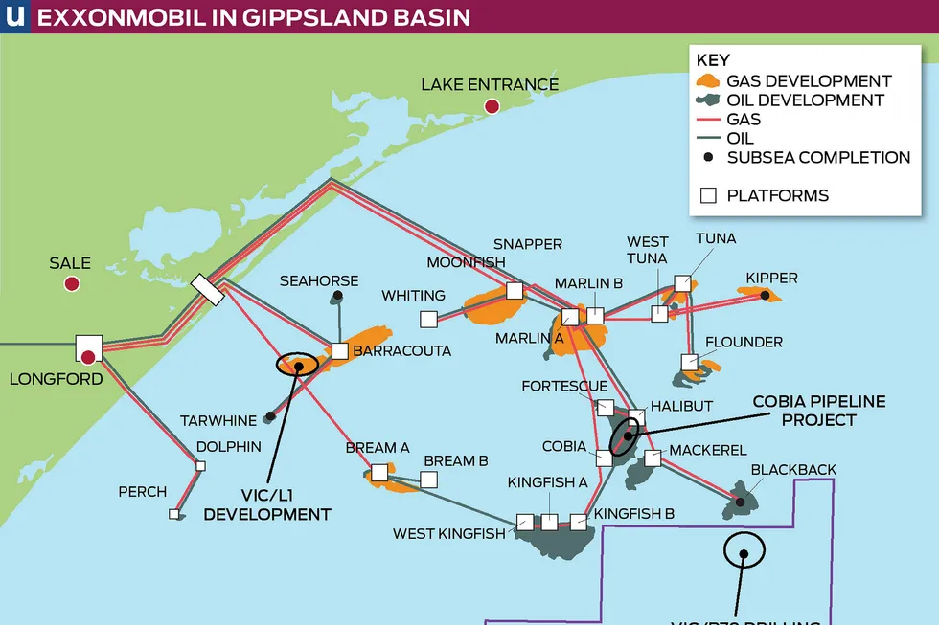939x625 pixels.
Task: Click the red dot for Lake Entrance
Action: click(x=492, y=106)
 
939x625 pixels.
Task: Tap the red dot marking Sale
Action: click(x=71, y=283)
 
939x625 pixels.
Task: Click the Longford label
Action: click(x=56, y=379)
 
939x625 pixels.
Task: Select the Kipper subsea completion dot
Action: click(x=765, y=296)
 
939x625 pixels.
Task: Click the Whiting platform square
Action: click(x=428, y=319)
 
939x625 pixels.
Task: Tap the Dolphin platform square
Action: click(x=200, y=466)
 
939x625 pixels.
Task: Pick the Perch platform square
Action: click(x=174, y=514)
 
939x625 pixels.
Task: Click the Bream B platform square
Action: click(x=428, y=480)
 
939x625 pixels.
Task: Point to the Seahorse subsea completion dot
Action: click(x=336, y=298)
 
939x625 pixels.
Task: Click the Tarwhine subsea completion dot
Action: click(x=270, y=416)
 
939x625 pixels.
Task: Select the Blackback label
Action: click(x=793, y=470)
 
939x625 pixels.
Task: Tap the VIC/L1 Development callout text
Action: click(x=267, y=505)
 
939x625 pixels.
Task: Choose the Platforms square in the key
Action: click(x=709, y=196)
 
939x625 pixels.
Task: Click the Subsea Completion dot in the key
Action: click(x=709, y=157)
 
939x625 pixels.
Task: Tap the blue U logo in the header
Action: click(x=14, y=16)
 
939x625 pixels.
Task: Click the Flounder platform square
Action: click(x=689, y=362)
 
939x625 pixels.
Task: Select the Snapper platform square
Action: click(x=515, y=290)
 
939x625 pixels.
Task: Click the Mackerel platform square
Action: click(x=653, y=458)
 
